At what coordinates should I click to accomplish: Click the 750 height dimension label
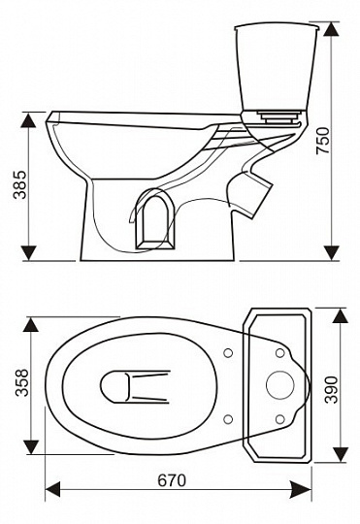point(323,140)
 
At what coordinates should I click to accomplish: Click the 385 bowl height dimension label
point(20,184)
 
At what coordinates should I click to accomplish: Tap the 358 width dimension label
point(22,383)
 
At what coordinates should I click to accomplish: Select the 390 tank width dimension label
point(332,390)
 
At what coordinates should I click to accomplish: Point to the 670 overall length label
point(172,481)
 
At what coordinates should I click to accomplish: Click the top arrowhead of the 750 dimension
point(332,29)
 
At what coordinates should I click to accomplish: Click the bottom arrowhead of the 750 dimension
point(332,253)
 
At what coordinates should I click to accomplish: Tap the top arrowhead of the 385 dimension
point(28,119)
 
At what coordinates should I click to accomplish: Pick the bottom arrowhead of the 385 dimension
point(28,253)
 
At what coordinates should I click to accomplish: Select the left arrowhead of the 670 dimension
point(52,491)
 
